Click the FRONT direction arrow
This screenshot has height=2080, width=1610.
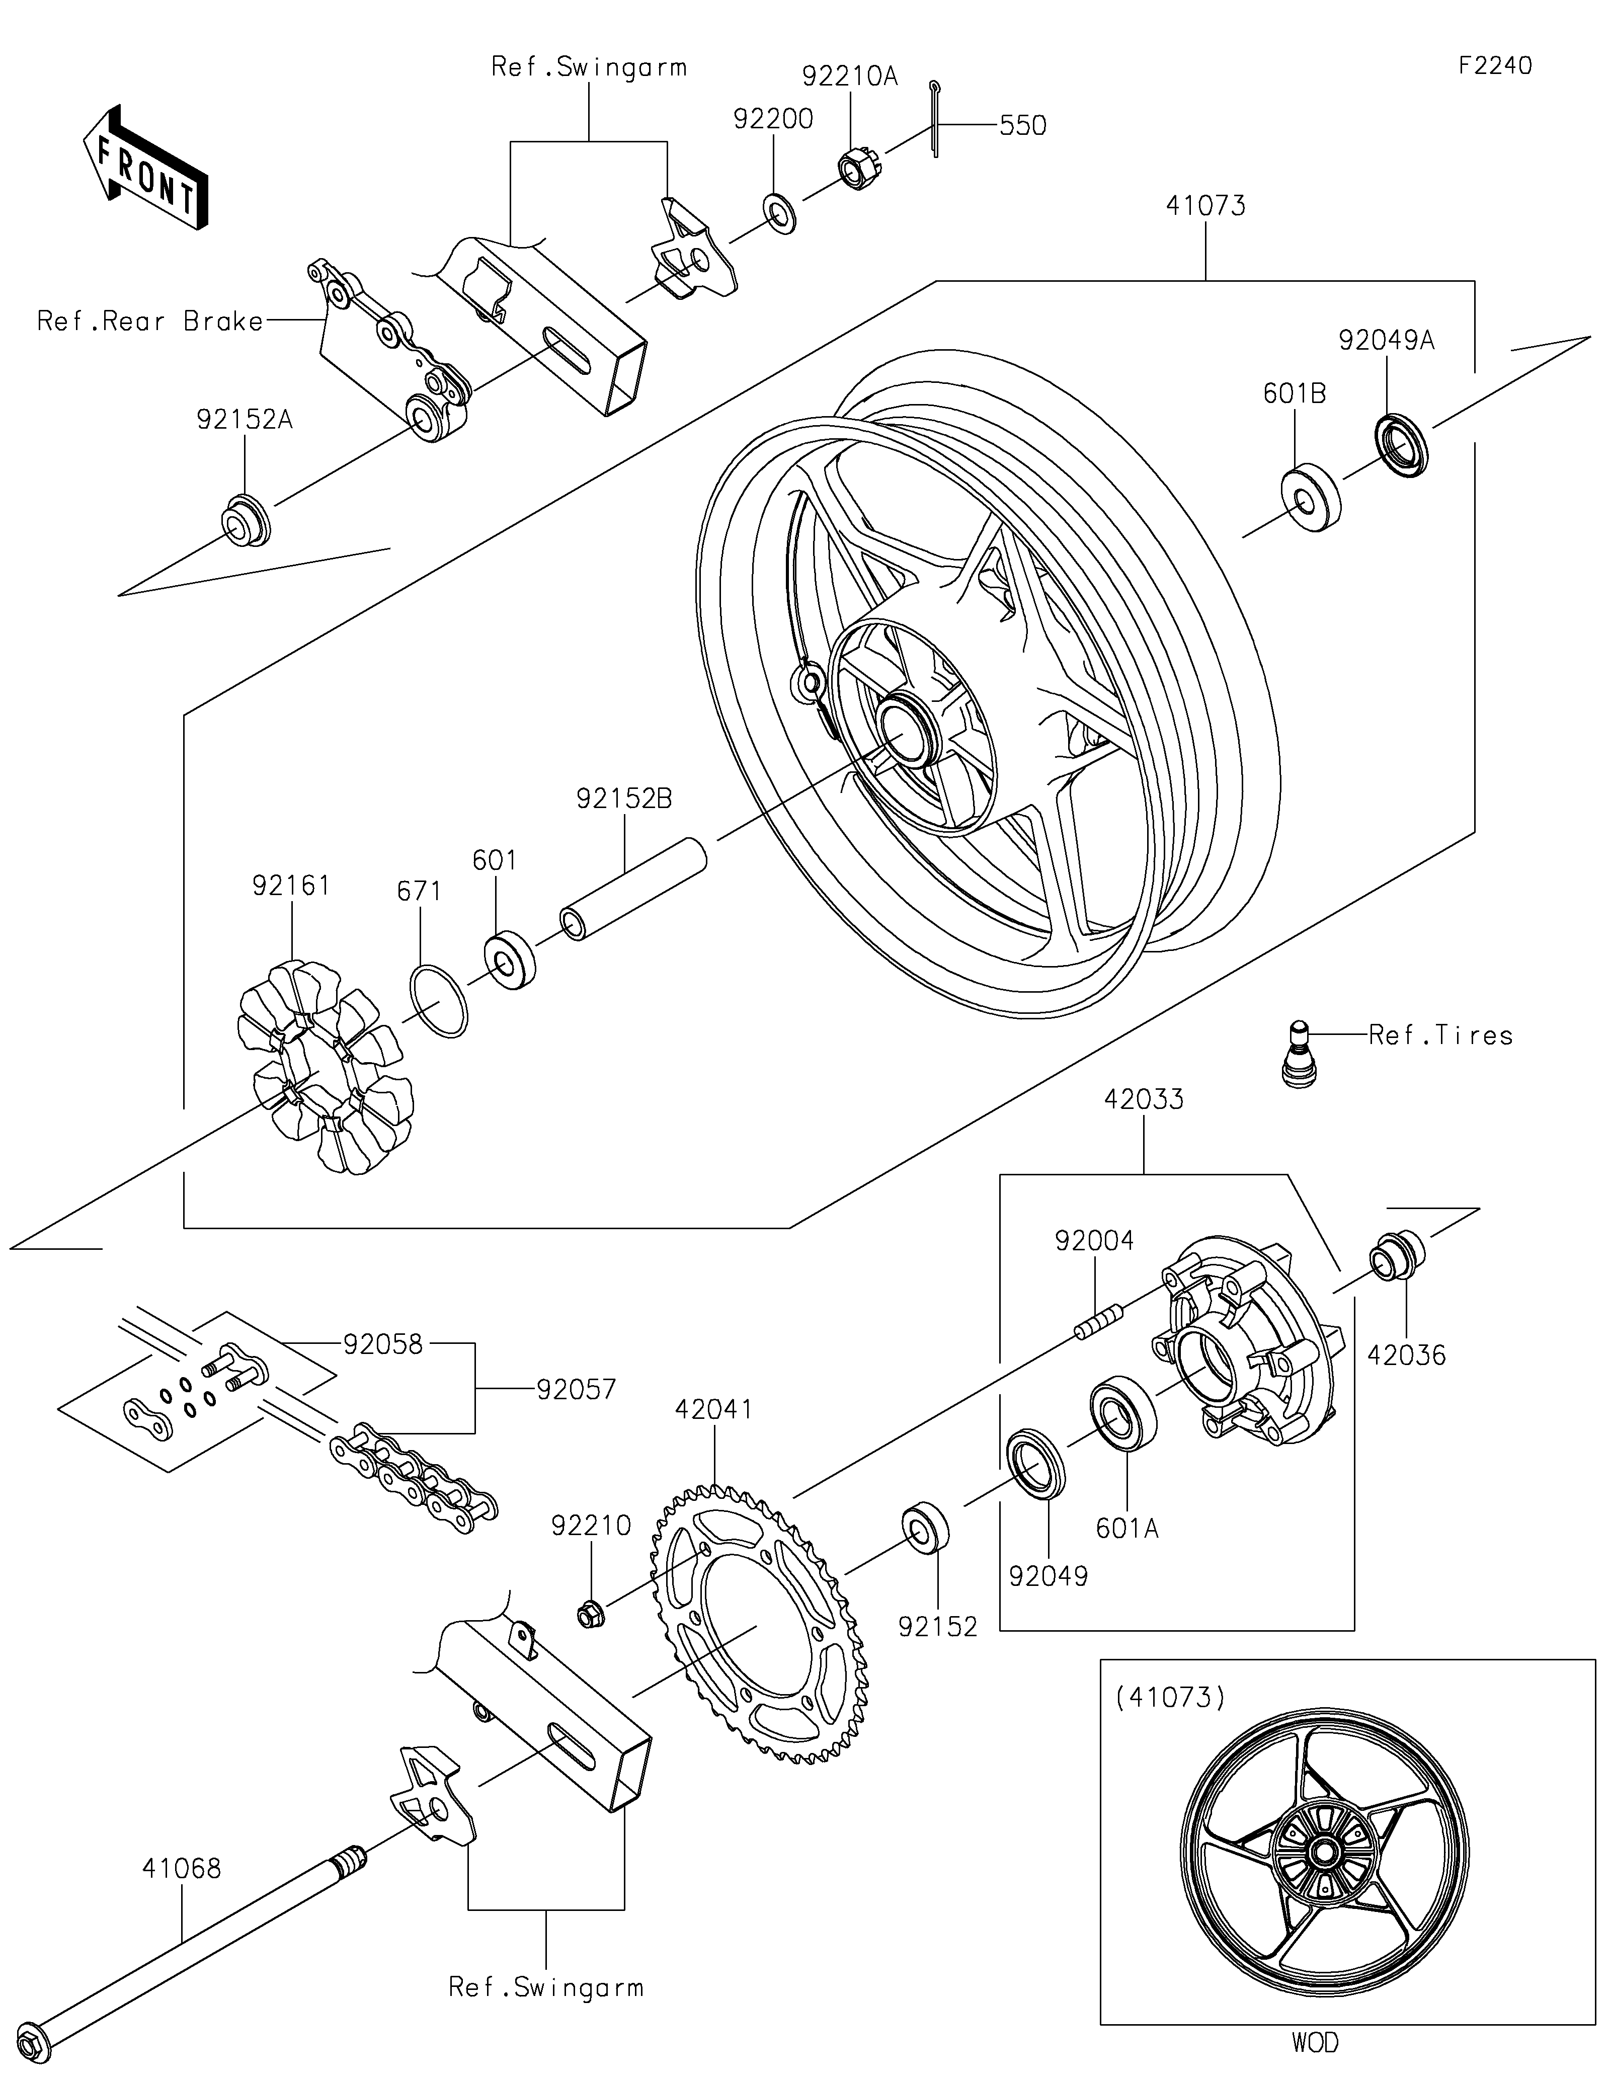tap(145, 167)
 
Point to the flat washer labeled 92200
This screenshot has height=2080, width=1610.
tap(781, 215)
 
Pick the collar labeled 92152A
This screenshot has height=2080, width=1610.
tap(246, 521)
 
